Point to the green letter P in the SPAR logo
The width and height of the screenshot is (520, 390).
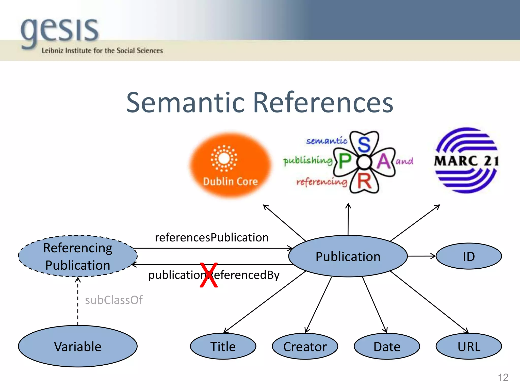coord(345,161)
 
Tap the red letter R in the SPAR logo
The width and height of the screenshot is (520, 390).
coord(365,182)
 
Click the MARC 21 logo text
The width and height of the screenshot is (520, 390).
coord(466,161)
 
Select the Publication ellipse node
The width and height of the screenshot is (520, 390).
coord(348,256)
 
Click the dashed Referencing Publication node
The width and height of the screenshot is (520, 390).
coord(78,256)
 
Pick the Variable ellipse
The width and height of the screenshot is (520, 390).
coord(78,347)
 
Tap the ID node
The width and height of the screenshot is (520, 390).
coord(469,256)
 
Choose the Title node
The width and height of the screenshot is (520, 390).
coord(223,347)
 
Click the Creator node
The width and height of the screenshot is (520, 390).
coord(305,347)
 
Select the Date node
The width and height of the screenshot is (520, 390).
coord(387,347)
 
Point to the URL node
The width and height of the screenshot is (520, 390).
coord(469,347)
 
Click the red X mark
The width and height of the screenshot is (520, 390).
coord(209,275)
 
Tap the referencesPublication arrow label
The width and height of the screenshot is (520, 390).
coord(212,238)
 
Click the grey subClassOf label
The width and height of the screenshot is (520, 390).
coord(114,300)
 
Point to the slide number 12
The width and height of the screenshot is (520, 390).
coord(503,377)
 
